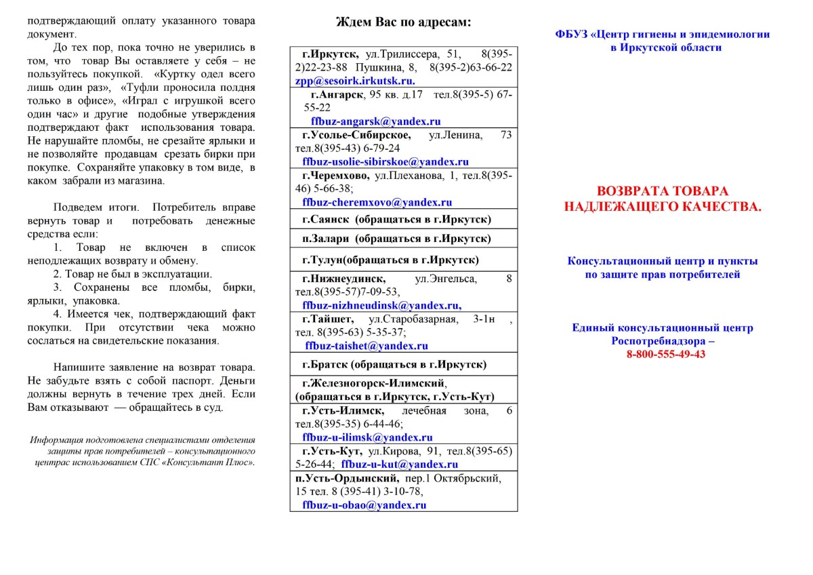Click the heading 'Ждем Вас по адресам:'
coord(404,22)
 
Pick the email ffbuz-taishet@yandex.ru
coord(367,346)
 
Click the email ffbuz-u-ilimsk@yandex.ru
coord(367,437)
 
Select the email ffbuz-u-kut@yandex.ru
coord(400,464)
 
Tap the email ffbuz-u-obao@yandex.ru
coord(364,505)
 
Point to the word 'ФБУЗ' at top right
coord(570,34)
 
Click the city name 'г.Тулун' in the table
coord(322,260)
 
